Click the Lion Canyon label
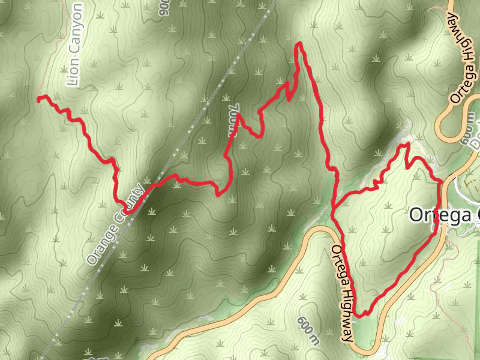[x=74, y=46]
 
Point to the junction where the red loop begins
[x=334, y=208]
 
